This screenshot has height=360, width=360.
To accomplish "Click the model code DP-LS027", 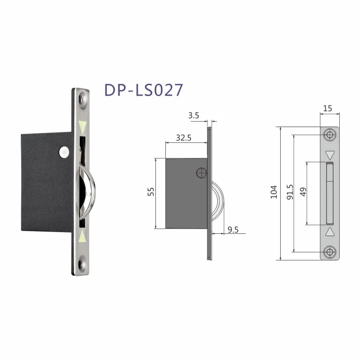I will [x=144, y=89].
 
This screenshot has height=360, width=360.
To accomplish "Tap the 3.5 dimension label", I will [x=194, y=115].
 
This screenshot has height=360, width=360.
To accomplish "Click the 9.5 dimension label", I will [x=233, y=230].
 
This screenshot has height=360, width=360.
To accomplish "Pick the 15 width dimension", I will [x=328, y=109].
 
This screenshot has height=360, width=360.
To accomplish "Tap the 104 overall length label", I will [x=273, y=193].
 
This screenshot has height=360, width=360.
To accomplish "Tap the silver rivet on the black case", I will [x=65, y=152].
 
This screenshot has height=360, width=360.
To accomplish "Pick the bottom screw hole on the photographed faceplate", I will [x=82, y=263].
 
